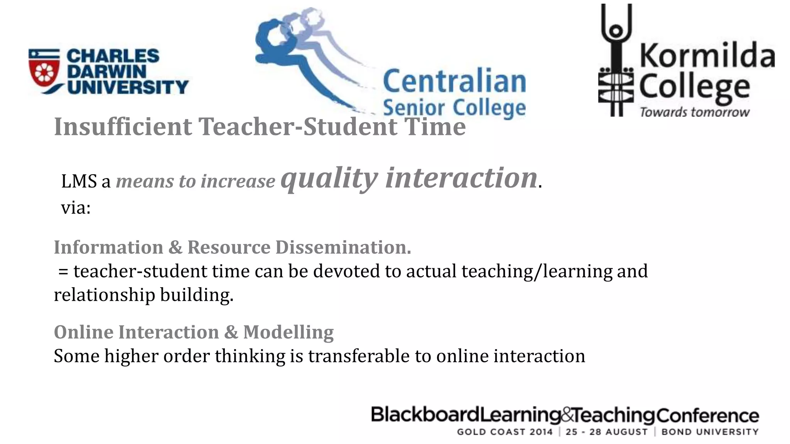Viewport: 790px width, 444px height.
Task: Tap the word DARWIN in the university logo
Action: [106, 71]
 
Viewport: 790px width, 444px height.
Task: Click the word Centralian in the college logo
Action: [454, 82]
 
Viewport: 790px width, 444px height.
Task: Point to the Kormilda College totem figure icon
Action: [616, 62]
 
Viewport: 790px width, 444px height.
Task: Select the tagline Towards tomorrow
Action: [694, 112]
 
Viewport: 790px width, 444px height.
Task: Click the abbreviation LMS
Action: [79, 181]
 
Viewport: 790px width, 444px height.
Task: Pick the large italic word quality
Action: [329, 178]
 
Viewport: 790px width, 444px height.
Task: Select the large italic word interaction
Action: [461, 178]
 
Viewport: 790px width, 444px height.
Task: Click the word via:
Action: [76, 208]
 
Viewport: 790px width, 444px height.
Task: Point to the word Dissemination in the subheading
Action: [343, 247]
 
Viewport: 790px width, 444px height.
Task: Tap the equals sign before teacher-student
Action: [63, 271]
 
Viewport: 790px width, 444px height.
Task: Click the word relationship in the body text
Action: [104, 295]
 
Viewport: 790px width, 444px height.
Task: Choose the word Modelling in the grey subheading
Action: [288, 332]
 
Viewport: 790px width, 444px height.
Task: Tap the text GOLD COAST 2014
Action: [505, 432]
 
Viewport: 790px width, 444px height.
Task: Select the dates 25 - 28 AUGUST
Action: [606, 432]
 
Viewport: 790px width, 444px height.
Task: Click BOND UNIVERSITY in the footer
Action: [710, 432]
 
